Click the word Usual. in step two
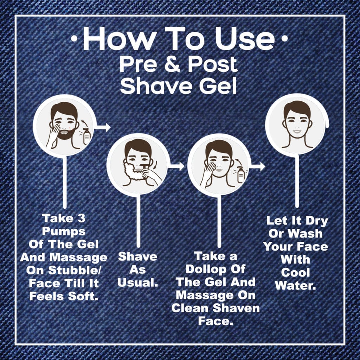pos(138,283)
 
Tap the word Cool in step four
pos(295,273)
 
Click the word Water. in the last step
pos(295,285)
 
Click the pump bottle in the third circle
pos(240,175)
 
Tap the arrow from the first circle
pos(103,127)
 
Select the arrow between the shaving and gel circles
pos(176,166)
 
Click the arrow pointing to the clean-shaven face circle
pos(257,166)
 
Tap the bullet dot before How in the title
pos(74,39)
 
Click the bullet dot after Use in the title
pos(284,39)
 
